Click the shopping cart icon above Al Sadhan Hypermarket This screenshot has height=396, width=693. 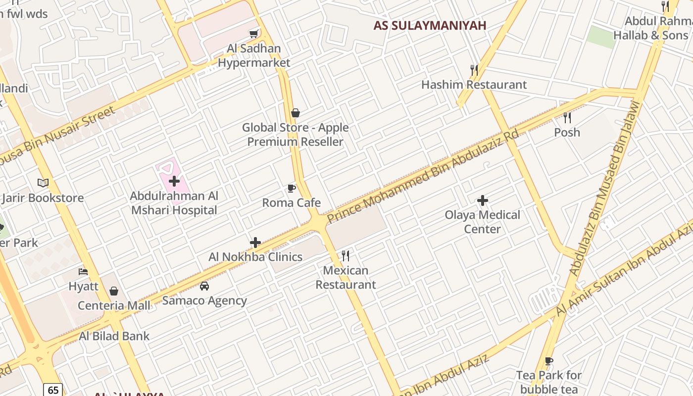pos(254,34)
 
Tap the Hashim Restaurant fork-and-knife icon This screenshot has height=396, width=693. pos(474,70)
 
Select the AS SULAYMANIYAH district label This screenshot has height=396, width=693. pos(430,25)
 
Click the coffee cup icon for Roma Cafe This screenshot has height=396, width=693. pos(292,188)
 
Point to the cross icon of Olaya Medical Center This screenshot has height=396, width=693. pos(483,200)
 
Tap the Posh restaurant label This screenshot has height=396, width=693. pos(567,133)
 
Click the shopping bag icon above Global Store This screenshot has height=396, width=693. pos(296,113)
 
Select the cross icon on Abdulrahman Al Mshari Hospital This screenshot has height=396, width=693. pos(174,181)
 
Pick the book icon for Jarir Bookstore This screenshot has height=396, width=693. pos(43,183)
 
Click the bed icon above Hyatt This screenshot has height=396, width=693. pos(83,272)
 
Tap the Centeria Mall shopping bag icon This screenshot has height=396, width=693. pos(114,291)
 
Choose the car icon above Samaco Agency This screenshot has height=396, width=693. pos(204,286)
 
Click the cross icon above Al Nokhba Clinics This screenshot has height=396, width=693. pos(255,243)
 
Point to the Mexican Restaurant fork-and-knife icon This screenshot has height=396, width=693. pos(346,256)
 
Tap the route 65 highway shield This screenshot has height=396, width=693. pos(53,390)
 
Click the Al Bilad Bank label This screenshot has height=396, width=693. pos(114,336)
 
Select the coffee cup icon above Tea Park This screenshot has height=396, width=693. pos(548,361)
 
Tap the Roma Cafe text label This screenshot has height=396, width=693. pos(292,203)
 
